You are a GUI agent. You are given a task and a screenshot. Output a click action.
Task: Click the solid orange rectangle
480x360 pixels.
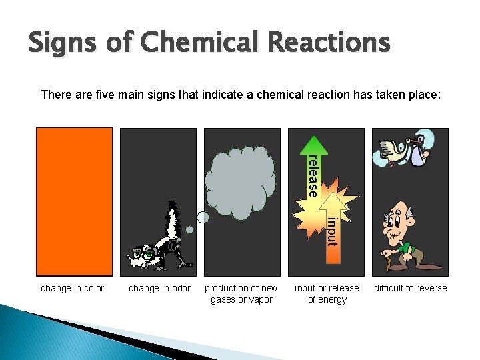[x=74, y=201]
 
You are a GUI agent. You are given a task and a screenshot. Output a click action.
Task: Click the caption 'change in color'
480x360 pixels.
[x=73, y=288]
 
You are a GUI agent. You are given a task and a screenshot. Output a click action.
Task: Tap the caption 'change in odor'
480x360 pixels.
[x=159, y=288]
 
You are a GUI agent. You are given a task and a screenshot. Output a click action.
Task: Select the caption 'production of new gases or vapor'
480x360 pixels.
[x=241, y=294]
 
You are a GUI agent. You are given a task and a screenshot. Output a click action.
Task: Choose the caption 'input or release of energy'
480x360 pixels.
[x=327, y=294]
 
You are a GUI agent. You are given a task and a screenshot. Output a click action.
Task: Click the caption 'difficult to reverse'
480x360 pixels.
[x=410, y=288]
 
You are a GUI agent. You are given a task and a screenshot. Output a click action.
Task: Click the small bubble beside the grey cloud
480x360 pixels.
[x=203, y=217]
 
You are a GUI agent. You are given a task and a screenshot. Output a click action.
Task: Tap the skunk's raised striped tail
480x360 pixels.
[x=174, y=219]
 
